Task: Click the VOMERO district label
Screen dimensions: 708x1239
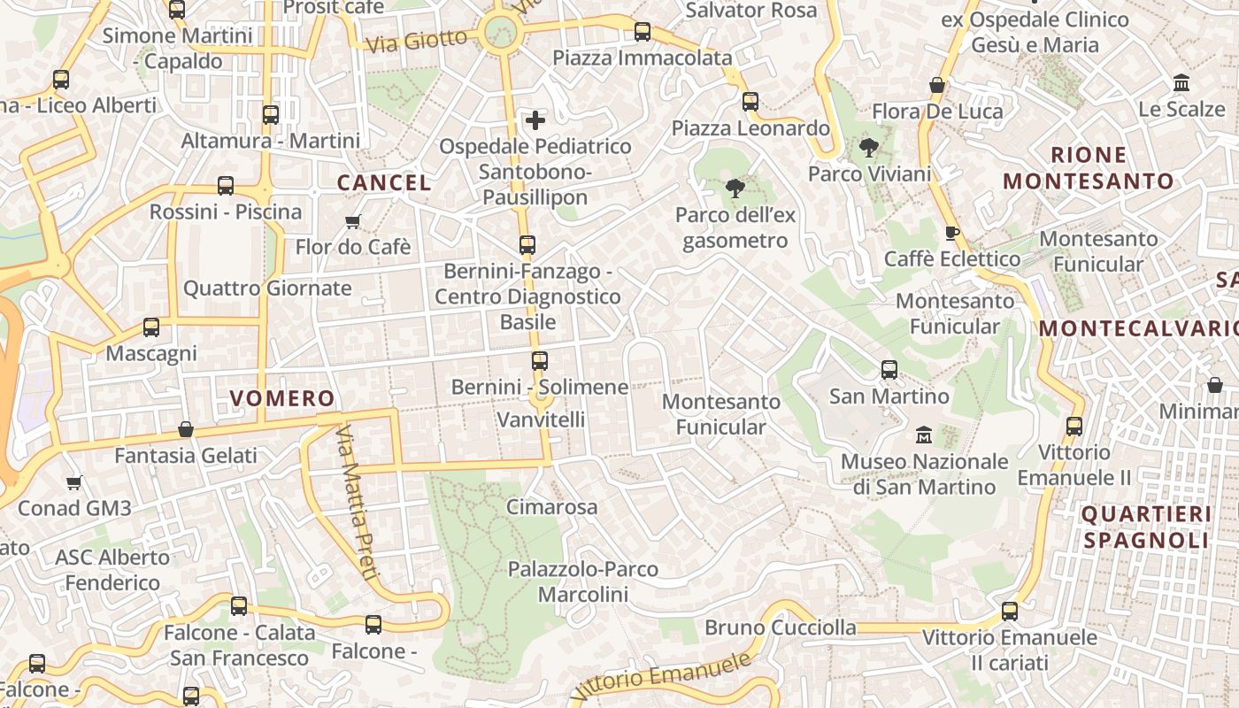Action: point(282,398)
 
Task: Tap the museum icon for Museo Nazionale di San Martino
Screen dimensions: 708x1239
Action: point(924,435)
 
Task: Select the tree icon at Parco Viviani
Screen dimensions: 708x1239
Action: point(869,148)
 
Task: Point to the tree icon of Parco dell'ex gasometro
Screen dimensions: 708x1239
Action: point(735,188)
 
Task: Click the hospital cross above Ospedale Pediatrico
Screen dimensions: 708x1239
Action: point(535,119)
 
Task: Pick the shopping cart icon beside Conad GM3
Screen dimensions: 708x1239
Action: point(74,482)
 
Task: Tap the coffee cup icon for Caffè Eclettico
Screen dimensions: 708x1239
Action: point(952,233)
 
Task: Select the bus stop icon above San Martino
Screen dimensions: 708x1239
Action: point(889,370)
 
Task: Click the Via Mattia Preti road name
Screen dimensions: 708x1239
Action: point(356,502)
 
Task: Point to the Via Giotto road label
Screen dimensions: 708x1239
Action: point(416,41)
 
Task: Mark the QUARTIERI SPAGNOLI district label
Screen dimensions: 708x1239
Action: point(1145,527)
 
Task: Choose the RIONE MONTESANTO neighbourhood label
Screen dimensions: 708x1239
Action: point(1088,168)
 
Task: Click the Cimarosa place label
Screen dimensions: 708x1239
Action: point(551,507)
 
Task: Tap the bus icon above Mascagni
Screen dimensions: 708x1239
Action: point(151,327)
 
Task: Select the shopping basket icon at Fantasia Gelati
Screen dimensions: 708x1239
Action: point(186,429)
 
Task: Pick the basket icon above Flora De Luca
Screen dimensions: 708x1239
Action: point(937,86)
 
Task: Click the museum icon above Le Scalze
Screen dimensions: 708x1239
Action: point(1181,83)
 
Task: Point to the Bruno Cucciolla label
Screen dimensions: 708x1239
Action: point(780,627)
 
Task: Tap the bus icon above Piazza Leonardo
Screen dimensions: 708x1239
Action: point(750,102)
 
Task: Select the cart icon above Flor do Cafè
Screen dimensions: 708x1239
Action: point(352,221)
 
